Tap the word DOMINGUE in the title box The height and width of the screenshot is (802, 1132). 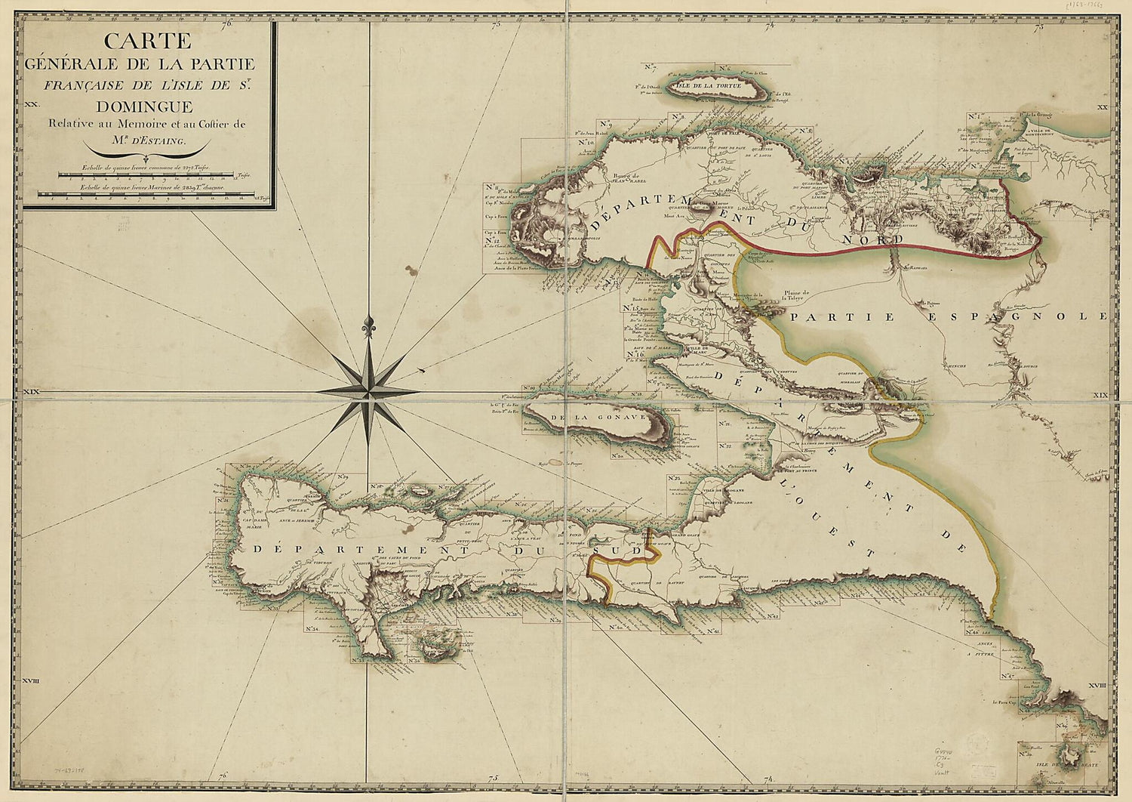click(x=149, y=107)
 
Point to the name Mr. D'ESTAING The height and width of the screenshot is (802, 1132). click(x=149, y=140)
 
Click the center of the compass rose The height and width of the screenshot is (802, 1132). click(x=369, y=392)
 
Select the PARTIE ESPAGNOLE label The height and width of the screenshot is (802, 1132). click(x=947, y=316)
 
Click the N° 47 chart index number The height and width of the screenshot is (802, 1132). click(x=1006, y=677)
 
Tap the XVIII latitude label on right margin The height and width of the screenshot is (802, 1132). click(x=1098, y=684)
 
